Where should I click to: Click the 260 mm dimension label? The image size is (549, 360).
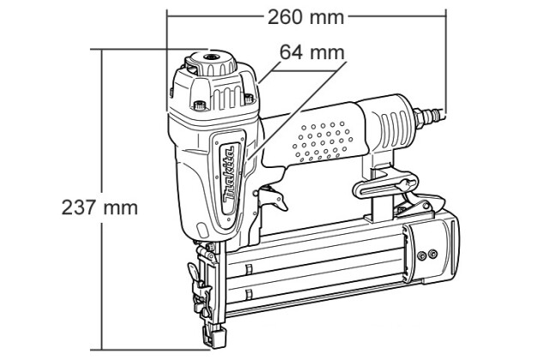(x=305, y=17)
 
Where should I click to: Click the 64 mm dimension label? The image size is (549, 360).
(x=312, y=52)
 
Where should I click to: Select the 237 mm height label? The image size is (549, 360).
(x=100, y=207)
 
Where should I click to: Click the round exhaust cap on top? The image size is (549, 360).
(x=211, y=63)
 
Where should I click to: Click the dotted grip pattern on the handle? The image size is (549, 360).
(x=322, y=141)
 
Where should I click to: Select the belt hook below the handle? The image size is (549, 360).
(x=386, y=185)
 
